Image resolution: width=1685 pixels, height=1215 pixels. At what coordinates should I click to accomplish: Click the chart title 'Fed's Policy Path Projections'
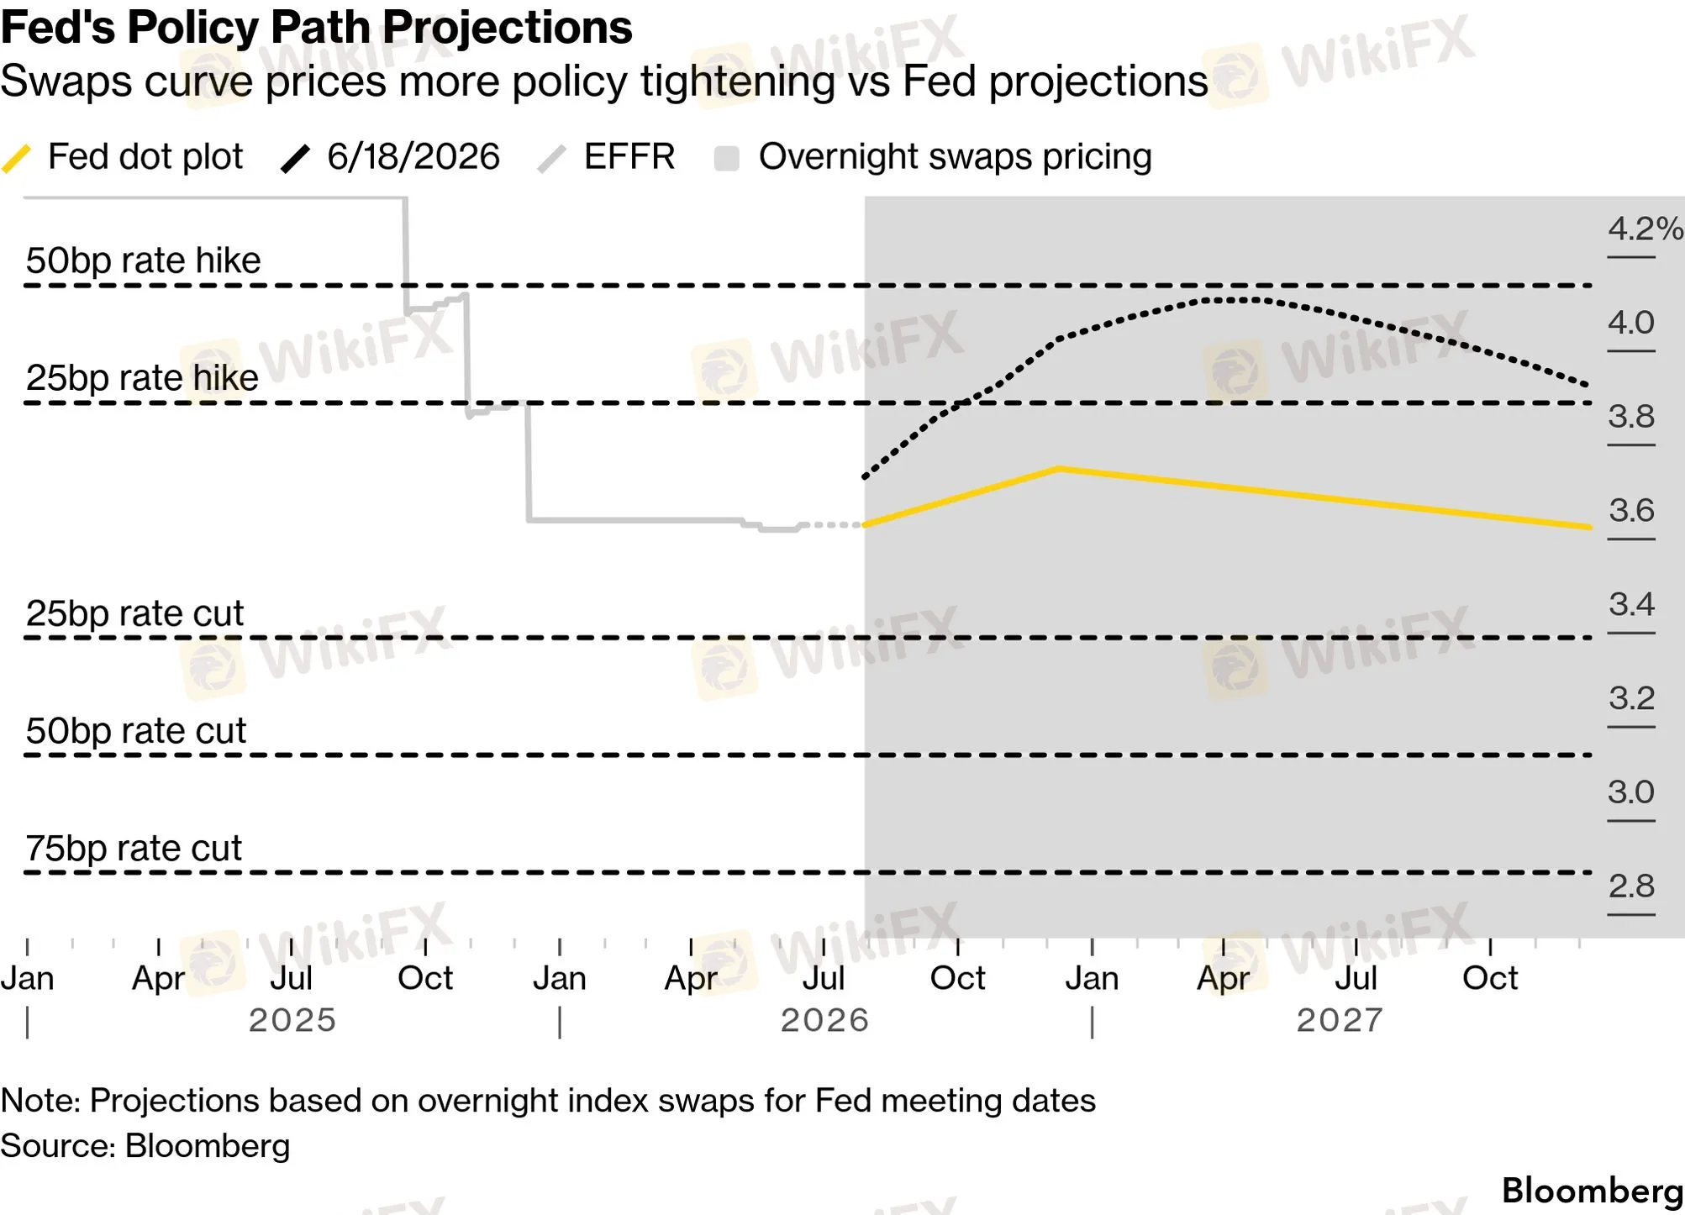[x=316, y=28]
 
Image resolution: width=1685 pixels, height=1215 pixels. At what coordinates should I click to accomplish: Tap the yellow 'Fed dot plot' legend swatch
[x=17, y=158]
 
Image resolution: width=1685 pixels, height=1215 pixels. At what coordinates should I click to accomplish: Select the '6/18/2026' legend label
[x=413, y=157]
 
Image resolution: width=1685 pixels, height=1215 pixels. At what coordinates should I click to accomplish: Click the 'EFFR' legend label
[x=629, y=157]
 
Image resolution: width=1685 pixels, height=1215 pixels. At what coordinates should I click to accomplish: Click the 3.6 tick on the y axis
[x=1631, y=510]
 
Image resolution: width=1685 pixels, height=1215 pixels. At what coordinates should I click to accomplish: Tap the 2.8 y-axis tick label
[x=1631, y=886]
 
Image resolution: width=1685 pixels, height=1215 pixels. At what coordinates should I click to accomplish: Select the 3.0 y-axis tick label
[x=1631, y=792]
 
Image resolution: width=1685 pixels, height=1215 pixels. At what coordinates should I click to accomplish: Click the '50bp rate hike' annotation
[x=143, y=260]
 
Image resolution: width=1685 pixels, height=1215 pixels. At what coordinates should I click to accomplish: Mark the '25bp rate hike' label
[x=142, y=378]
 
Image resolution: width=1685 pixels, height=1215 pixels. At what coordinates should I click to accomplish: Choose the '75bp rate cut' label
[x=134, y=849]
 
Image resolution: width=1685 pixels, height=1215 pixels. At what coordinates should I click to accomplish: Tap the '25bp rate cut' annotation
[x=134, y=613]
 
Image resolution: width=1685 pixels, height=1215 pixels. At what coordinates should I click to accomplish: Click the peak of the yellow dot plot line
[x=1059, y=468]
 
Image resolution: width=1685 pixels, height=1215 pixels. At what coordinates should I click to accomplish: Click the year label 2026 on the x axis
[x=824, y=1020]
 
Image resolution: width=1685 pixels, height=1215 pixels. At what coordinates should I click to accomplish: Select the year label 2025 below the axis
[x=292, y=1020]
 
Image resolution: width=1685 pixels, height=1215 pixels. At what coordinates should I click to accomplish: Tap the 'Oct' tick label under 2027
[x=1490, y=978]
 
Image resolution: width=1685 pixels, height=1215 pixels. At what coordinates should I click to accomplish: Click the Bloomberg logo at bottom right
[x=1592, y=1191]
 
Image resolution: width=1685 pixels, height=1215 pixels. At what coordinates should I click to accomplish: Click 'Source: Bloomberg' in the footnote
[x=145, y=1146]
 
